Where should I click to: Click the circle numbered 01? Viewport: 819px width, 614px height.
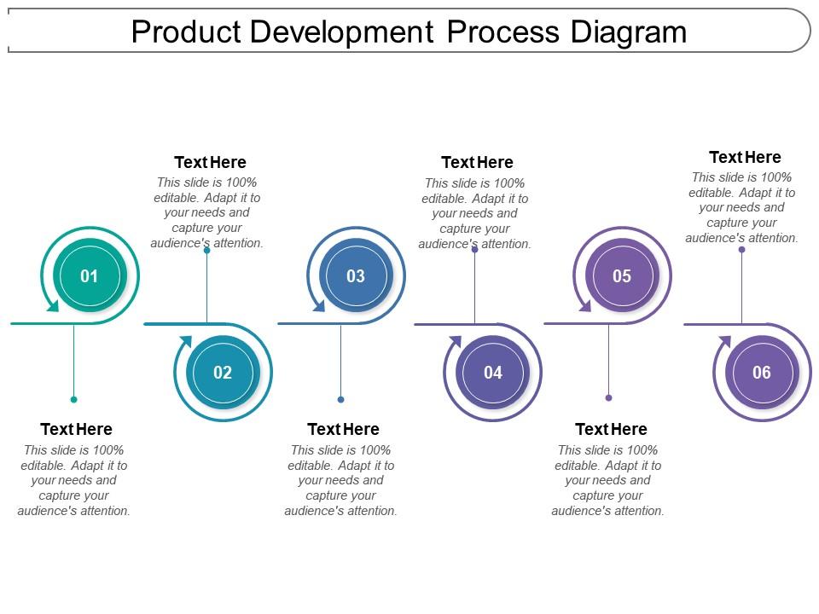tap(90, 275)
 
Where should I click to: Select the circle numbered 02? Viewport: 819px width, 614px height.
tap(223, 372)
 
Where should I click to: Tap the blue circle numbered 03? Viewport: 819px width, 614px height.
tap(356, 275)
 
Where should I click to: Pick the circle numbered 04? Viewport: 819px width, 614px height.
tap(493, 372)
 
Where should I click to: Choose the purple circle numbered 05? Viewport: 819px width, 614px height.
tap(622, 275)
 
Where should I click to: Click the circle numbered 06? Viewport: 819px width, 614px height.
tap(762, 372)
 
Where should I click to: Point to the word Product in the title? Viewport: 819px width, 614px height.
tap(183, 32)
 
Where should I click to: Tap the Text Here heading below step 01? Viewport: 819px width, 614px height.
tap(76, 429)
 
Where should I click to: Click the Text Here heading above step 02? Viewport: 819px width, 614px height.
tap(210, 162)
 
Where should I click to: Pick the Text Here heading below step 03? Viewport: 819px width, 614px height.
tap(343, 429)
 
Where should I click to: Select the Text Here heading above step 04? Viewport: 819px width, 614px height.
tap(477, 162)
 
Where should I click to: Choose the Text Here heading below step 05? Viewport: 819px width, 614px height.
tap(611, 429)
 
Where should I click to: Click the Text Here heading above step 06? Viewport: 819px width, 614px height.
tap(745, 157)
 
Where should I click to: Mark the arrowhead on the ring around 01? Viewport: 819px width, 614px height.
tap(53, 305)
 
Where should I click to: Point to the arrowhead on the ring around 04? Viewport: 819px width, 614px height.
tap(454, 343)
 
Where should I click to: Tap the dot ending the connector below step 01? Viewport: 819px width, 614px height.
tap(74, 399)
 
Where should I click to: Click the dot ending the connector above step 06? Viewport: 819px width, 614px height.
tap(742, 249)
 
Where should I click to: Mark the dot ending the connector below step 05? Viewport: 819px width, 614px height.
tap(608, 397)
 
